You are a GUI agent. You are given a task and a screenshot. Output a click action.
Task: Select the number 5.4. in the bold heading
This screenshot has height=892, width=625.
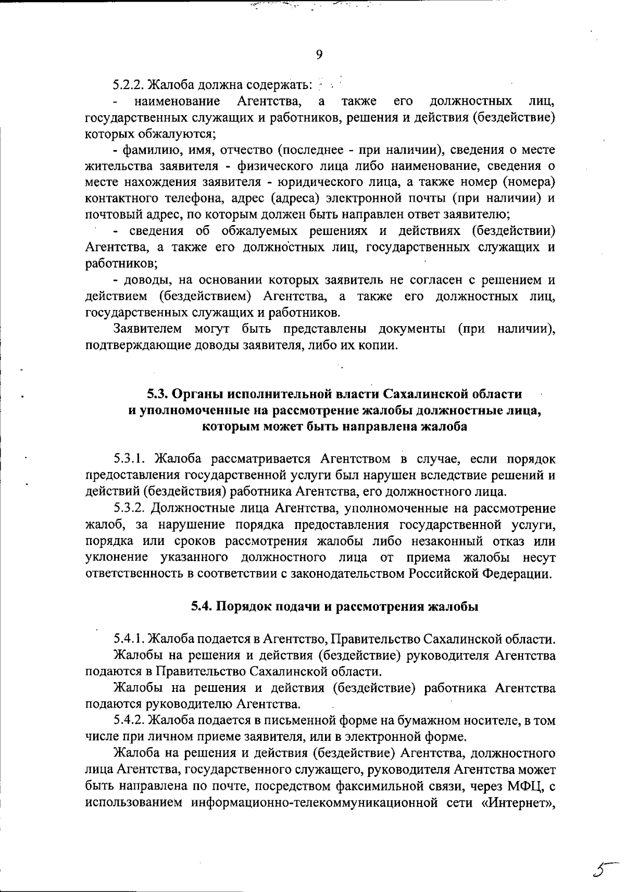pos(201,606)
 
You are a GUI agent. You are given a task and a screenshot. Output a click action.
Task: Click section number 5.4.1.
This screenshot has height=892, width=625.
pos(130,639)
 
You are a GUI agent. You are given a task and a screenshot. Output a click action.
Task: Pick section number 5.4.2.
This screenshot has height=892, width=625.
pos(130,721)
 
